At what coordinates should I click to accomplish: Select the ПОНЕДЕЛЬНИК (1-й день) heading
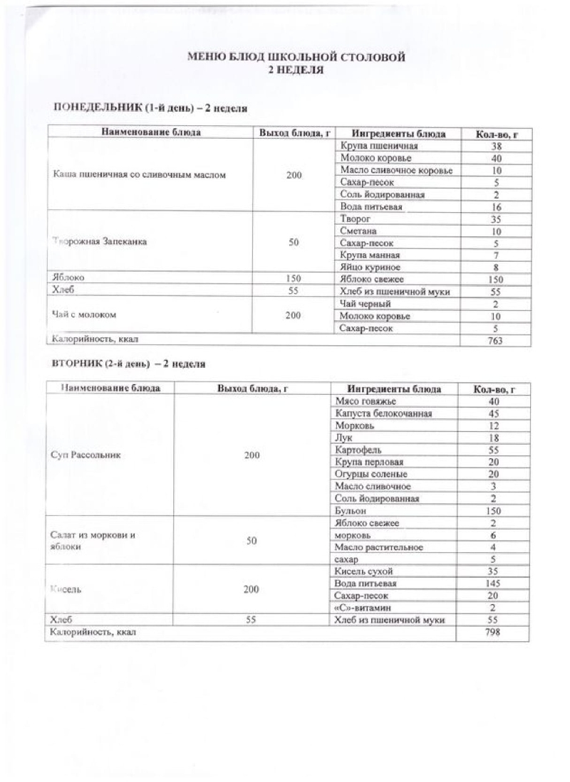tap(150, 107)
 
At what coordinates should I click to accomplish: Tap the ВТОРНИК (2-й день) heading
tap(129, 364)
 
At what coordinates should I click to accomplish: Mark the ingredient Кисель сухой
tap(363, 571)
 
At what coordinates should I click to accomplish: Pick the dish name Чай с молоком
tap(85, 315)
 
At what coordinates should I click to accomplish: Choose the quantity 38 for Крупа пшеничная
tap(496, 145)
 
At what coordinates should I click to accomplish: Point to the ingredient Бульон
tap(350, 511)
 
